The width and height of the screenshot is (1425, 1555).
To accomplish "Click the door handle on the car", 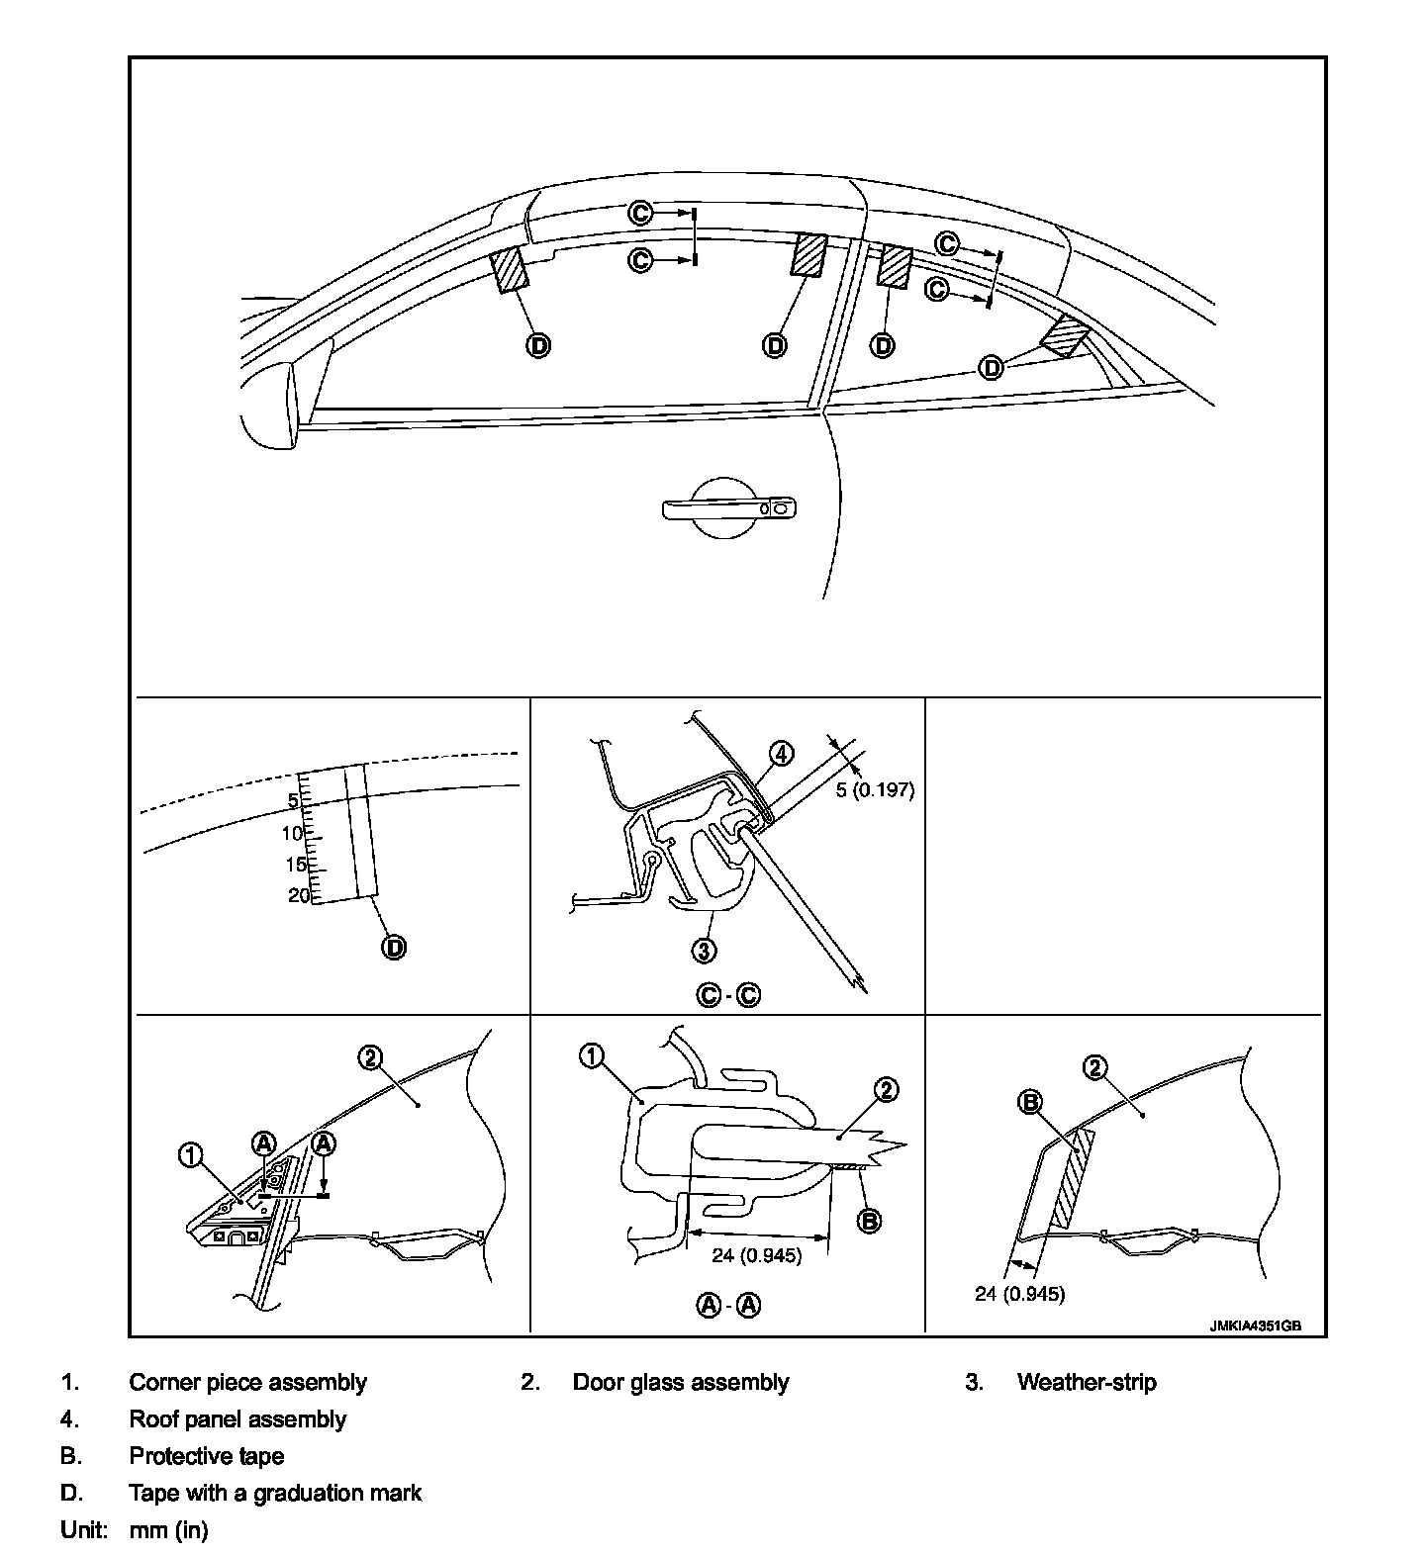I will [729, 507].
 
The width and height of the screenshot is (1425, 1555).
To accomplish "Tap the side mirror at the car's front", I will [269, 407].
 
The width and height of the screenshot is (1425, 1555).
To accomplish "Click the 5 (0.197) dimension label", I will [875, 789].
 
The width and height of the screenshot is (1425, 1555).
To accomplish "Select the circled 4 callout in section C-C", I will [781, 754].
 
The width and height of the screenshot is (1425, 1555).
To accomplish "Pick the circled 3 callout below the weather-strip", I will [704, 950].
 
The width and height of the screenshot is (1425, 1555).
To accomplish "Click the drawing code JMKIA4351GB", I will [1254, 1326].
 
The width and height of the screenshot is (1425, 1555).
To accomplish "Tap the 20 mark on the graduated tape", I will [298, 895].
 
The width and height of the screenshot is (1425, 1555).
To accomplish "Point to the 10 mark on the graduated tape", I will [292, 833].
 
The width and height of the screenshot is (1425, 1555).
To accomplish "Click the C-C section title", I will [729, 995].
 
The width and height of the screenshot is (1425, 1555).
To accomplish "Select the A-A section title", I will [729, 1305].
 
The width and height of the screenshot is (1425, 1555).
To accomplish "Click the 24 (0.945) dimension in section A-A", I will [757, 1256].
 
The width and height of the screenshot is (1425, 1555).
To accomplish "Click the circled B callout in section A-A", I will [867, 1221].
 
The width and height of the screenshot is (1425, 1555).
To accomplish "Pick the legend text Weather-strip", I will [1086, 1382].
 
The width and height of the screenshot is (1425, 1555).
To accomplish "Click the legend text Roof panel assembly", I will [237, 1419].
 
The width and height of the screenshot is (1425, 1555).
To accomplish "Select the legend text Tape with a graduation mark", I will [275, 1493].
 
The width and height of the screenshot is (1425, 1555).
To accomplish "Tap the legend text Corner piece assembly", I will [247, 1382].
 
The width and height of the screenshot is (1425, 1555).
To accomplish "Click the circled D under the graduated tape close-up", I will [394, 947].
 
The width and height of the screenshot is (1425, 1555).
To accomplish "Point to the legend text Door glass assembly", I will [681, 1382].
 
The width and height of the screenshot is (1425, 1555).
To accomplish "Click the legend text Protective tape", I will [206, 1456].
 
